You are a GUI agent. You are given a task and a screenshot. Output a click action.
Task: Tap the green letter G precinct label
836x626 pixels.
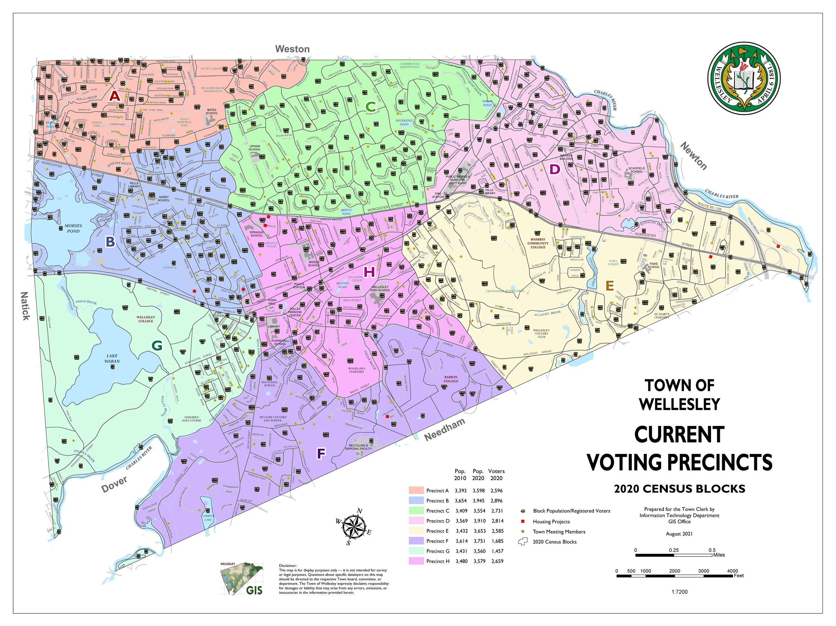click(x=157, y=345)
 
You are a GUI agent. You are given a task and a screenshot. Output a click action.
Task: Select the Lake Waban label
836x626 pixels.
click(x=112, y=358)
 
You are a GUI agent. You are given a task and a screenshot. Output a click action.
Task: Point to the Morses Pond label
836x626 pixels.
click(x=73, y=228)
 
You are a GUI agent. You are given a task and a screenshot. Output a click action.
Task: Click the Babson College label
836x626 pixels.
click(x=451, y=379)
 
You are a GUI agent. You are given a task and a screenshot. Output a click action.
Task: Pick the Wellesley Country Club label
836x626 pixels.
click(x=541, y=333)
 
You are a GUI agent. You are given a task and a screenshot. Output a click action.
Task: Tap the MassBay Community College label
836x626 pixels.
click(x=538, y=243)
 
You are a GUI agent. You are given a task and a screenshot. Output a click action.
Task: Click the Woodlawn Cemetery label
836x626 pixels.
click(x=356, y=370)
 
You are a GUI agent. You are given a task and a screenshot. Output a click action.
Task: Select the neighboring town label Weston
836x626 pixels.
click(x=292, y=49)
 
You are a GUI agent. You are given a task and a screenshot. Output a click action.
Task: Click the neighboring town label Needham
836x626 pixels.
click(x=444, y=430)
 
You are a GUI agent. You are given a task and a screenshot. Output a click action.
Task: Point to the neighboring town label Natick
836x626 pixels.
click(x=25, y=306)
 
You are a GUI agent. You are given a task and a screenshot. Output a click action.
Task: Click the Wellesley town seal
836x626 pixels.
click(x=743, y=78)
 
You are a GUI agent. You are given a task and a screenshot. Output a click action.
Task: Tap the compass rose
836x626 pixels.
click(x=354, y=527)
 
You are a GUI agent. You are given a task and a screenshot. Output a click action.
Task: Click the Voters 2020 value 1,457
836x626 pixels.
click(x=497, y=551)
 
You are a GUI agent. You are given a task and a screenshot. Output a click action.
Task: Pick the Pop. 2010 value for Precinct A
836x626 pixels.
click(x=460, y=490)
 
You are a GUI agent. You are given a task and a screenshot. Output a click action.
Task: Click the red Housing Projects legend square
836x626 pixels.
click(x=523, y=521)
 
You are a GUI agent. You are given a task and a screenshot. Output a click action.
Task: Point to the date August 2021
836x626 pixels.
click(x=679, y=534)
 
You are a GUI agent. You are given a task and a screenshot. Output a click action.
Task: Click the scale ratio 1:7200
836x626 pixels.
click(x=679, y=592)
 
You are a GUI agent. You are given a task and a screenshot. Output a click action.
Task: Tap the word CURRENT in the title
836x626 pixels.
click(x=679, y=435)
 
